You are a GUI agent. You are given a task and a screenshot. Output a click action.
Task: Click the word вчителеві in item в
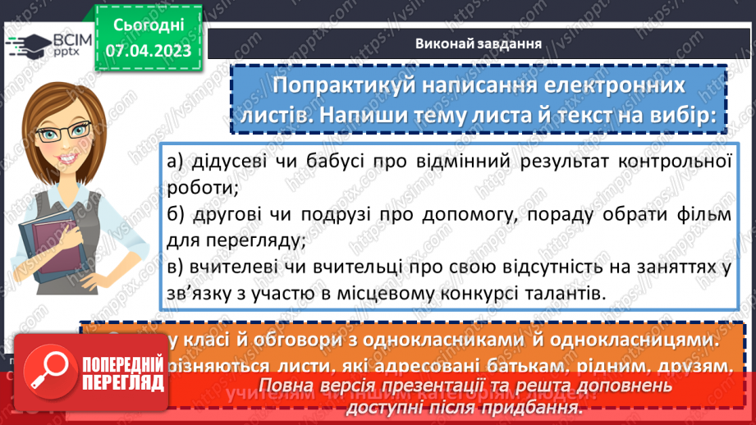[x=236, y=267]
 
